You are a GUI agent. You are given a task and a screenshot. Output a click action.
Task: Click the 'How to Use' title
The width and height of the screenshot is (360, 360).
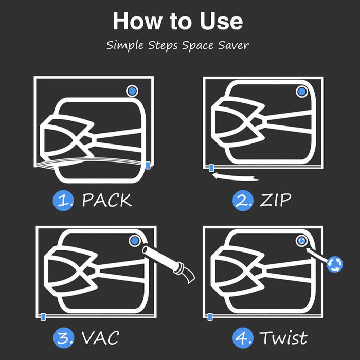coord(178,21)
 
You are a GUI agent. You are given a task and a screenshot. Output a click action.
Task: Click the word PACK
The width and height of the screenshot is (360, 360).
coord(107,201)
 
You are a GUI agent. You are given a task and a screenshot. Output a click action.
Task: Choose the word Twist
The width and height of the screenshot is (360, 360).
coord(283,338)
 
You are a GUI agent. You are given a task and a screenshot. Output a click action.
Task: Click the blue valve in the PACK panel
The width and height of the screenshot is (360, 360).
coord(132,91)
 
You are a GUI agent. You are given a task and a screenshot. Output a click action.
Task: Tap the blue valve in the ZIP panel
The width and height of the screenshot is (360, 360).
coord(301,92)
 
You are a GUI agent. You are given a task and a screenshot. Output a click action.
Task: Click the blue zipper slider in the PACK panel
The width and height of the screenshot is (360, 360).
coord(148,165)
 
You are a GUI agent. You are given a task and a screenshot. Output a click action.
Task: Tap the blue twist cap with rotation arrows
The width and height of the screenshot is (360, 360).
coord(334,264)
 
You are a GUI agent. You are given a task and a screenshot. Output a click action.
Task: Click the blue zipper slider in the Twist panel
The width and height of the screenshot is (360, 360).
coord(210,315)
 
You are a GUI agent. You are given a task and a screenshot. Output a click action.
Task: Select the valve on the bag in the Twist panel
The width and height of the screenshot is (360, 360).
coord(301,240)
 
